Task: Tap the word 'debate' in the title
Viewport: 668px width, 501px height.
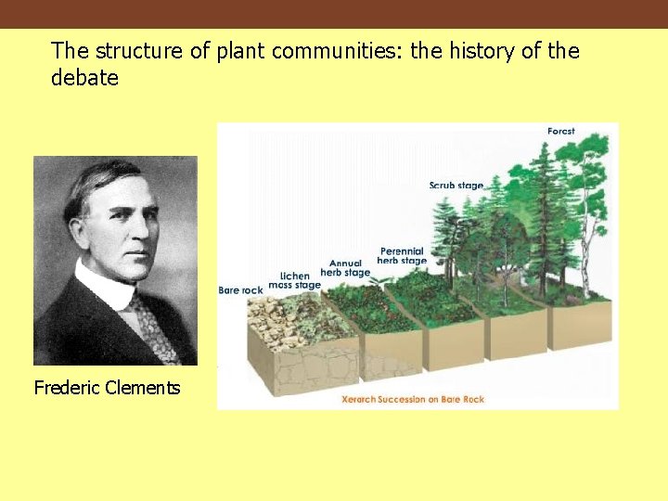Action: coord(84,79)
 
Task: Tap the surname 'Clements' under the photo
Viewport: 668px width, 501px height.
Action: coord(144,388)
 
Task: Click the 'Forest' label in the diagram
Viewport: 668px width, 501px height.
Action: coord(560,132)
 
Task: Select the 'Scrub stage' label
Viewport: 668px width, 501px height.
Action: coord(456,186)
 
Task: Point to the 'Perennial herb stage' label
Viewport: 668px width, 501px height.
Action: coord(402,256)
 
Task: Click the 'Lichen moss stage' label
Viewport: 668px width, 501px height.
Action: coord(295,281)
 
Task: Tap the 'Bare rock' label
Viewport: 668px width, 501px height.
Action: coord(240,290)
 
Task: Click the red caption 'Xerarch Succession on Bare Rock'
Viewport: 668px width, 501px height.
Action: coord(413,400)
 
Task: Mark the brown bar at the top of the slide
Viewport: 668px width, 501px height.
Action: coord(334,14)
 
